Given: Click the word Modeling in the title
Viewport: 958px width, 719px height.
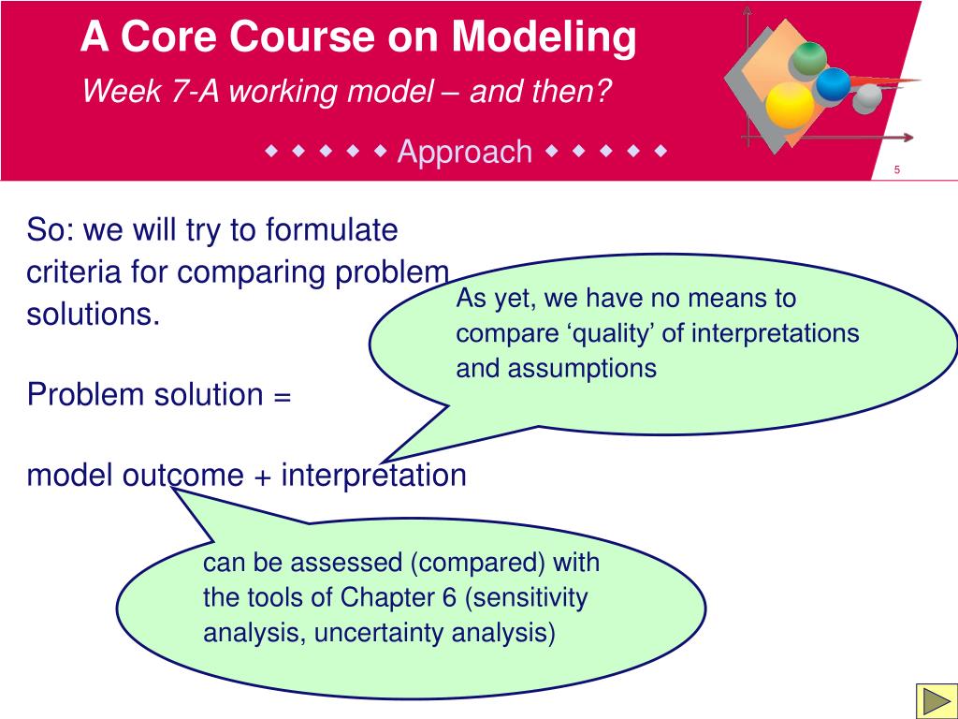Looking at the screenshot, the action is click(x=544, y=37).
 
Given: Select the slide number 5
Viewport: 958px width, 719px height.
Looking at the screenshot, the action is click(x=897, y=170).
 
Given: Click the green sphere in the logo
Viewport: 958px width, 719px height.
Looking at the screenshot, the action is click(x=809, y=59).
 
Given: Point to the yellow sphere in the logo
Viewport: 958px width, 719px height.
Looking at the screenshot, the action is click(x=790, y=105).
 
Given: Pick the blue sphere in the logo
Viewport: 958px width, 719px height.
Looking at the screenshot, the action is click(x=833, y=84).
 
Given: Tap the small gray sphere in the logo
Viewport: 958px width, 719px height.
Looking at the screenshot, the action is click(x=867, y=97).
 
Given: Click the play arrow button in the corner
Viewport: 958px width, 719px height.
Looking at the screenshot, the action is click(x=936, y=701).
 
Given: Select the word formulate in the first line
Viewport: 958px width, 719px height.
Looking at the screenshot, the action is click(x=332, y=230).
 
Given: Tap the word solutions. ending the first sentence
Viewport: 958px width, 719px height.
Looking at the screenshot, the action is click(x=94, y=315).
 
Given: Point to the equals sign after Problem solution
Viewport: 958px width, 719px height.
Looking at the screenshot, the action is click(x=282, y=396).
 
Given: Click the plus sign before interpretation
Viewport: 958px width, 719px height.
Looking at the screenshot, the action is click(x=262, y=477).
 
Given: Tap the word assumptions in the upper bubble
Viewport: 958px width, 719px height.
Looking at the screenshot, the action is click(x=582, y=369).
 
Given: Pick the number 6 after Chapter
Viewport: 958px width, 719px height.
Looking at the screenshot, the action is click(x=449, y=597).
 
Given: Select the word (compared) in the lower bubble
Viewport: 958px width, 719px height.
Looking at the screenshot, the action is click(x=478, y=563).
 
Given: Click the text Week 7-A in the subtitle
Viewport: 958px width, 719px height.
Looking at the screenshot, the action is click(x=151, y=92).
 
